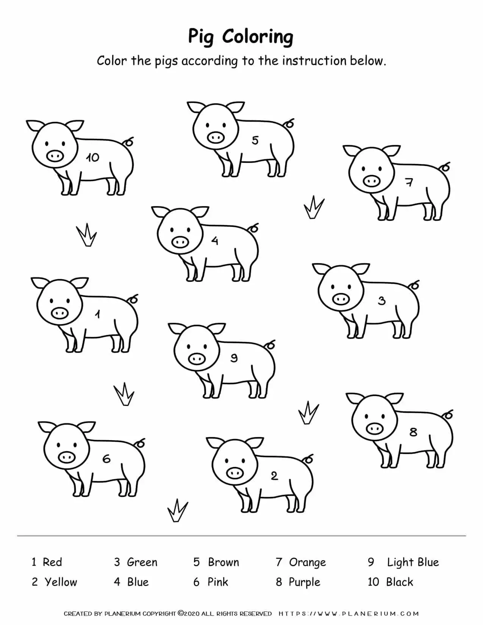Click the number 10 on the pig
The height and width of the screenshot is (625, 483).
[x=92, y=157]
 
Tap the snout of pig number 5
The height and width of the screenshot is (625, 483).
[x=216, y=137]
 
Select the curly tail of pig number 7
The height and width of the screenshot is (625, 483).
[x=446, y=167]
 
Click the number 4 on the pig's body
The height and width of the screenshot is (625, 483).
[x=215, y=241]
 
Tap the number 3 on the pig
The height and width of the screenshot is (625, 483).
[x=381, y=301]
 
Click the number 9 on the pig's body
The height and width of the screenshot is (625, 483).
[x=234, y=358]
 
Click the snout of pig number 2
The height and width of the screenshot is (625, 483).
[x=234, y=473]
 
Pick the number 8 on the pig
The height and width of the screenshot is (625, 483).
[x=413, y=431]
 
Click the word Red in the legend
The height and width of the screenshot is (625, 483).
[x=52, y=562]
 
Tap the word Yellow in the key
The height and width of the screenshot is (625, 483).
[x=61, y=582]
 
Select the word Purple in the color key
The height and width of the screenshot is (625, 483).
[x=304, y=582]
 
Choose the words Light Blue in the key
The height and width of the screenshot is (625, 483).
[x=413, y=562]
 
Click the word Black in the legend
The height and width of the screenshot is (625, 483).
[x=399, y=582]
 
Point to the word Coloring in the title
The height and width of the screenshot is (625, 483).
[x=257, y=37]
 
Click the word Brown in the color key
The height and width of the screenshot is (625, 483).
[x=223, y=562]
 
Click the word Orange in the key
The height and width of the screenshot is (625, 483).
[x=307, y=562]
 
